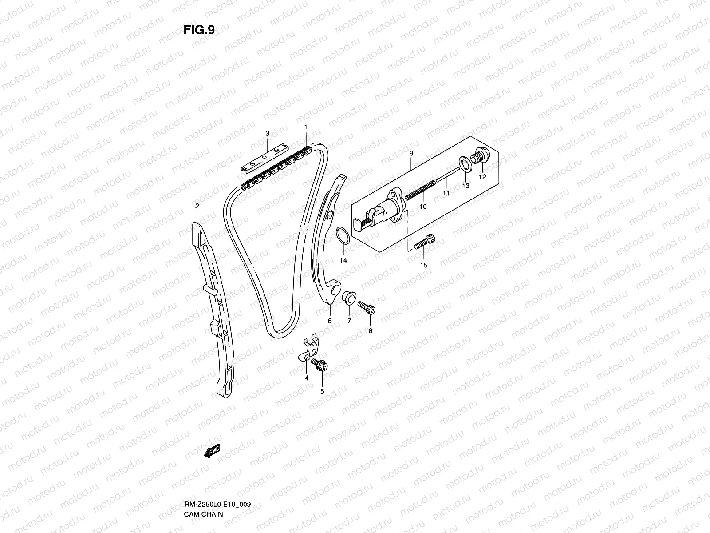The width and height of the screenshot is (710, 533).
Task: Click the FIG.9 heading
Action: (x=199, y=30)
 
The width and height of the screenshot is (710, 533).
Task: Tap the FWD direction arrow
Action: (x=212, y=451)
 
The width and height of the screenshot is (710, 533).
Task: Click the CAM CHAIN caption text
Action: (x=203, y=514)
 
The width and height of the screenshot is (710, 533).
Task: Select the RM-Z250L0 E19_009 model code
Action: (x=217, y=505)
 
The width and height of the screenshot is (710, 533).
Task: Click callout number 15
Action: (x=424, y=265)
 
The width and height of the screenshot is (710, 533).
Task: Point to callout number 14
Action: (x=343, y=260)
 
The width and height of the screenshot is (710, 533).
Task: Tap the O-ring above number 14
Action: (x=343, y=235)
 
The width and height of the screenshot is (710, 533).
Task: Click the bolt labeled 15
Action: (x=425, y=242)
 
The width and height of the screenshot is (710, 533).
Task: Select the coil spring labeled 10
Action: (x=420, y=190)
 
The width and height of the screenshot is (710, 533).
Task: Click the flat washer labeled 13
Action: (x=465, y=164)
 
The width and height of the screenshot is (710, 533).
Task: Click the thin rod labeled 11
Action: (x=448, y=175)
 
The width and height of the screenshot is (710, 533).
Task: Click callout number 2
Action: (x=197, y=206)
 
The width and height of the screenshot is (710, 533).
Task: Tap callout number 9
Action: (x=411, y=153)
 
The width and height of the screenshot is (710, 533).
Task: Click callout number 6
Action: (x=330, y=321)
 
